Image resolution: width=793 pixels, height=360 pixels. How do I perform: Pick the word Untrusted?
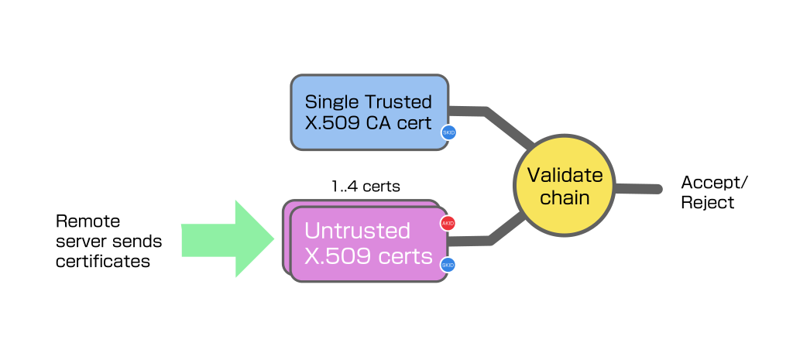click(357, 231)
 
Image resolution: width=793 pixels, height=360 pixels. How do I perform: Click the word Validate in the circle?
click(565, 174)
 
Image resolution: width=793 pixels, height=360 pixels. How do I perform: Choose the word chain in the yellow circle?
click(565, 197)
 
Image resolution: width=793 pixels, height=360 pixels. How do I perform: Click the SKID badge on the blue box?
click(448, 132)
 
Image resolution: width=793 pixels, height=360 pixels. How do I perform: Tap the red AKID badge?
click(448, 224)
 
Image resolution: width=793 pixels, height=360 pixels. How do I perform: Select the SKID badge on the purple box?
click(448, 265)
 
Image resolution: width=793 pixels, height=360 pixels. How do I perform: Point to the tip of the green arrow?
click(273, 239)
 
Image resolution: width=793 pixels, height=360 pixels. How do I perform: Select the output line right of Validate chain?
click(639, 189)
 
